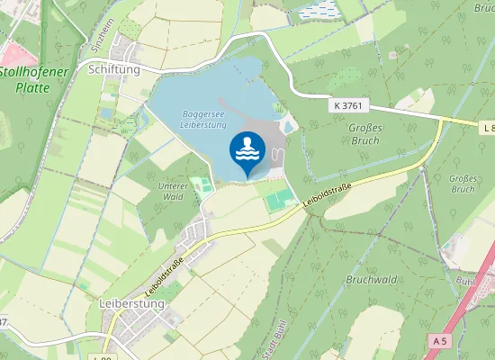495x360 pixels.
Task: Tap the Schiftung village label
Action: click(x=114, y=68)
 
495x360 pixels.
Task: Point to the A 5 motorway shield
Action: click(x=439, y=341)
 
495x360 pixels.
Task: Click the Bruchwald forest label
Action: click(x=370, y=279)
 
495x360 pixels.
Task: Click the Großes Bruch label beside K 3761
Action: click(x=364, y=134)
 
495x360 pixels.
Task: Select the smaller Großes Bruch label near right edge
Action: click(x=462, y=184)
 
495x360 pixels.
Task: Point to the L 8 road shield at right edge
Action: click(x=488, y=129)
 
